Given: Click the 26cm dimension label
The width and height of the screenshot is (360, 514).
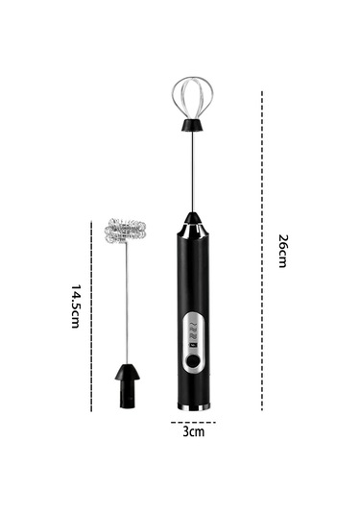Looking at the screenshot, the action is click(282, 251).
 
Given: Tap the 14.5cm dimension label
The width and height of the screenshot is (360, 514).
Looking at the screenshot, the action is click(75, 306).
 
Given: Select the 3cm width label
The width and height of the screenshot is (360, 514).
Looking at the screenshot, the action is click(194, 431).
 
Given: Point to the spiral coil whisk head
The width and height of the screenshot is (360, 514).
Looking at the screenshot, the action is click(125, 231).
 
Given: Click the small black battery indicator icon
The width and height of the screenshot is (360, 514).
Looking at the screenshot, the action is click(193, 345).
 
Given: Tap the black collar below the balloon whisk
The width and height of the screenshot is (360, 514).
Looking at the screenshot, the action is click(193, 125).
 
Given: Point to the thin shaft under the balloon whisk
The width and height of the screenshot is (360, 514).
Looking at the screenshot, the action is click(193, 172).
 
